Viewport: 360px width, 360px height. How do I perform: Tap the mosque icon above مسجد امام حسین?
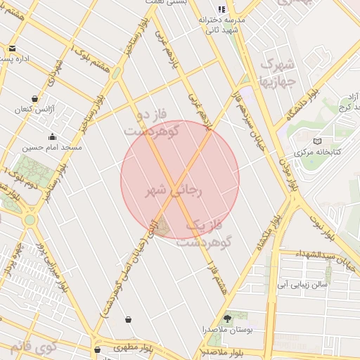[x=52, y=137]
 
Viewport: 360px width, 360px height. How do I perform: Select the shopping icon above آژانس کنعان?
[x=35, y=99]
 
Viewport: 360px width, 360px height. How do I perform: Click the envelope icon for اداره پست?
[x=13, y=49]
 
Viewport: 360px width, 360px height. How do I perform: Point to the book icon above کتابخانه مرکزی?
[x=317, y=141]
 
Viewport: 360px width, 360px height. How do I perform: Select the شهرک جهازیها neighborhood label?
[x=285, y=77]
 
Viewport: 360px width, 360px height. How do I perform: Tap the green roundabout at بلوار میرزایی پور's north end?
[x=30, y=219]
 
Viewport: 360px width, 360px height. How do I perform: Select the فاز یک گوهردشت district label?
[x=208, y=233]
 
